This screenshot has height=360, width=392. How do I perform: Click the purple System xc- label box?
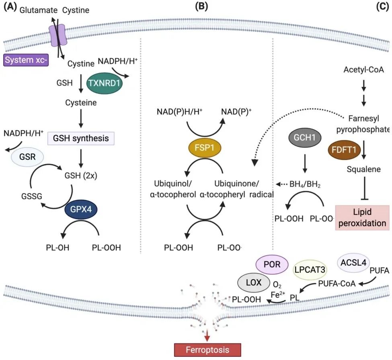[25, 61]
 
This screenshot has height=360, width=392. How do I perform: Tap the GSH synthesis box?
[81, 139]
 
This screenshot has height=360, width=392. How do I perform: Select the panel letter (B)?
[201, 7]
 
